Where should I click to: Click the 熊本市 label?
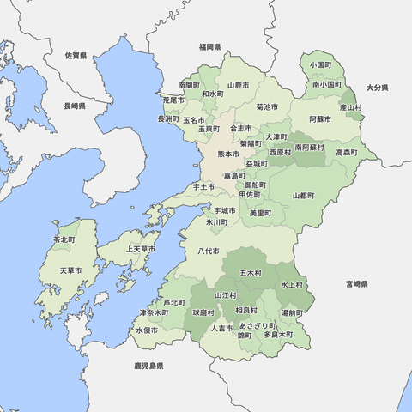[x=227, y=154]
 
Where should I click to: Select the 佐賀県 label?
[x=76, y=55]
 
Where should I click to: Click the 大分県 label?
[x=378, y=88]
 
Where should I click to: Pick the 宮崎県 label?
[x=356, y=283]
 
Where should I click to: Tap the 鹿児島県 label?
[x=148, y=366]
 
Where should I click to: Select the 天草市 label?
[x=71, y=270]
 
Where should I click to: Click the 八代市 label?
[x=210, y=251]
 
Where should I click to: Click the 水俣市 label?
[x=147, y=330]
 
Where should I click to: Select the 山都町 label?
[x=303, y=196]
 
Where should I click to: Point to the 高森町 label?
[x=347, y=152]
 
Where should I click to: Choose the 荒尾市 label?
[x=173, y=100]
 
